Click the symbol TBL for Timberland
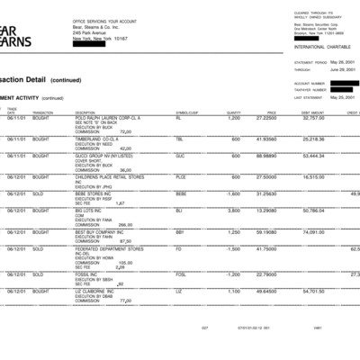tap(180, 139)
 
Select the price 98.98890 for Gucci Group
tap(265, 155)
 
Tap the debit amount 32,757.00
tap(311, 117)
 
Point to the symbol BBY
tap(180, 231)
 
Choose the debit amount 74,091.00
tap(311, 231)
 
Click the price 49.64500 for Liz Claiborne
tap(265, 291)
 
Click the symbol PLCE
tap(181, 177)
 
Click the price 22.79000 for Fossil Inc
tap(265, 274)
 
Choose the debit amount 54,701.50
tap(311, 291)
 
